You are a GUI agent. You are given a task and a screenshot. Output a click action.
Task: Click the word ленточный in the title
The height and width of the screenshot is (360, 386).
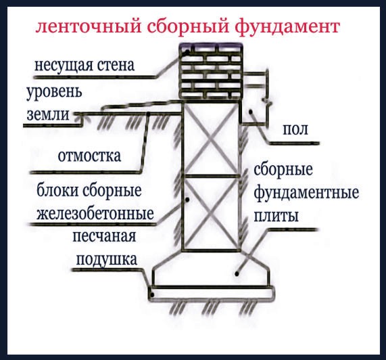point(89,26)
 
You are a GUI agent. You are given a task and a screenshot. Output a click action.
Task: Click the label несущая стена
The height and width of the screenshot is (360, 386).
point(85,66)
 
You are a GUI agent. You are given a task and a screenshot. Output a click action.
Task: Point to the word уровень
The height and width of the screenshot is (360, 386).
point(54,92)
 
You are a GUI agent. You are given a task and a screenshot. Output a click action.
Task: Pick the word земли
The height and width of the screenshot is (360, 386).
point(48,114)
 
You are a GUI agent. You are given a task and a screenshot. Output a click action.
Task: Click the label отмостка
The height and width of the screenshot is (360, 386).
point(89,156)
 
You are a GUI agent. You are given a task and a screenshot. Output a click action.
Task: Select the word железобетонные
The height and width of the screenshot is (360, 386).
point(95,213)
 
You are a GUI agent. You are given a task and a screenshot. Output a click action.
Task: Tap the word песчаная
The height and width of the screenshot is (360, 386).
point(104,236)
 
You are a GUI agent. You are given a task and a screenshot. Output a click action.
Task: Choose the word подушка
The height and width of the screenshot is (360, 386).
point(106,259)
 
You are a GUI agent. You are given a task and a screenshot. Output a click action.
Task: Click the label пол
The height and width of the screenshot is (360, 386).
point(295,129)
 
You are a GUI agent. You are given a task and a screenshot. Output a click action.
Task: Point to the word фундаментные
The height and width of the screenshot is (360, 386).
point(306,192)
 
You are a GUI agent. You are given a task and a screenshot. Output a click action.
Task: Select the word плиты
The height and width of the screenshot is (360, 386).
point(276,216)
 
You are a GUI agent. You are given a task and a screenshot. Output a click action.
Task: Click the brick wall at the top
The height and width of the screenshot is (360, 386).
point(210,72)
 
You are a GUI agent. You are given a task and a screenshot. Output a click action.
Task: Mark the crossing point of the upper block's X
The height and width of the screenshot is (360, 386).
point(210,139)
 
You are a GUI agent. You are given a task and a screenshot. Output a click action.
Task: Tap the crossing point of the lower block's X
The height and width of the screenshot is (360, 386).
point(210,213)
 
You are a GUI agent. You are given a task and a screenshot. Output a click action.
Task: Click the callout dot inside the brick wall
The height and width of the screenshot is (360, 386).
point(187,52)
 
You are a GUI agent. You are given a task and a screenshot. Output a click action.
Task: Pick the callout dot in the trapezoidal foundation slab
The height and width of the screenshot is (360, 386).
point(237,273)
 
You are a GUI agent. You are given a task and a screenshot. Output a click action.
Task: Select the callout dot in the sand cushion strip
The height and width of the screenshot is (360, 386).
point(152,294)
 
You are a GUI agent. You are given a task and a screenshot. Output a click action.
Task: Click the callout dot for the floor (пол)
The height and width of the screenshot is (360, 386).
point(251,112)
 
